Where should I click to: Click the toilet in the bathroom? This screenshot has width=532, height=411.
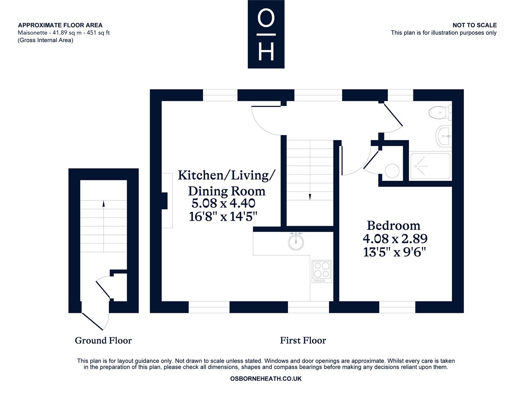[440, 113]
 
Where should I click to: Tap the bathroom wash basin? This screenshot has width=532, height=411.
[444, 136]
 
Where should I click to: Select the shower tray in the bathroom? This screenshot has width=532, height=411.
[430, 166]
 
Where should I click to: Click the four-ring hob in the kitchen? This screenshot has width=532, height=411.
[322, 271]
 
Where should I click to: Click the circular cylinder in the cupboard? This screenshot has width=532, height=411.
[392, 170]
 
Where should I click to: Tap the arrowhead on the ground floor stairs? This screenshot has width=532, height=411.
[104, 204]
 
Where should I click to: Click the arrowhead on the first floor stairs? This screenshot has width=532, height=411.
[310, 197]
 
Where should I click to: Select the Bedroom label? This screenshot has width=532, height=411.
[393, 225]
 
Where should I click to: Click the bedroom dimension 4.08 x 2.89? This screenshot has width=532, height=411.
[395, 239]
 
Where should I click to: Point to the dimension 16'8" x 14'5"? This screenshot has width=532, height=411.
[223, 217]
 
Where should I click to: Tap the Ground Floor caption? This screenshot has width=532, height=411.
[103, 340]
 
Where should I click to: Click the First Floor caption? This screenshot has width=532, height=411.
[303, 340]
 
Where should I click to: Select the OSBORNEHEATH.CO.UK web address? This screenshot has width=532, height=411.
[266, 379]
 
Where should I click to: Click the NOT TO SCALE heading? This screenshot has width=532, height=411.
[475, 25]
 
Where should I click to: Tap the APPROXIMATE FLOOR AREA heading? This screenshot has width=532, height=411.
[60, 25]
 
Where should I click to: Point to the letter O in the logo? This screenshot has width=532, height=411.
[266, 18]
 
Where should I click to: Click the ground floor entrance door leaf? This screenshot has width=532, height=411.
[92, 322]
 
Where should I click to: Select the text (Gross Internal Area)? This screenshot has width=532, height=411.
[45, 40]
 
